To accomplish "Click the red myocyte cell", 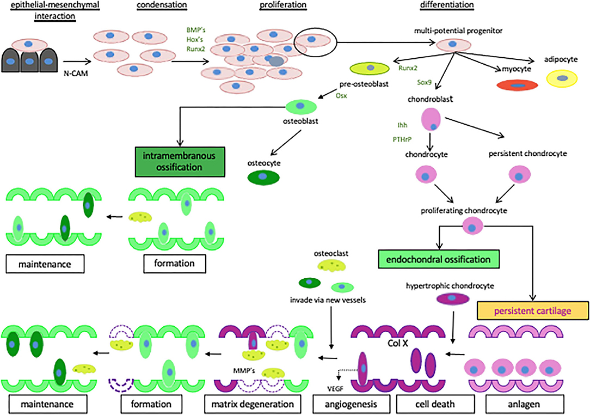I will pyautogui.click(x=517, y=85).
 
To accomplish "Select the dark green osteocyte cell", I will pyautogui.click(x=263, y=177).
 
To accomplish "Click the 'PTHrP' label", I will pyautogui.click(x=401, y=139).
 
